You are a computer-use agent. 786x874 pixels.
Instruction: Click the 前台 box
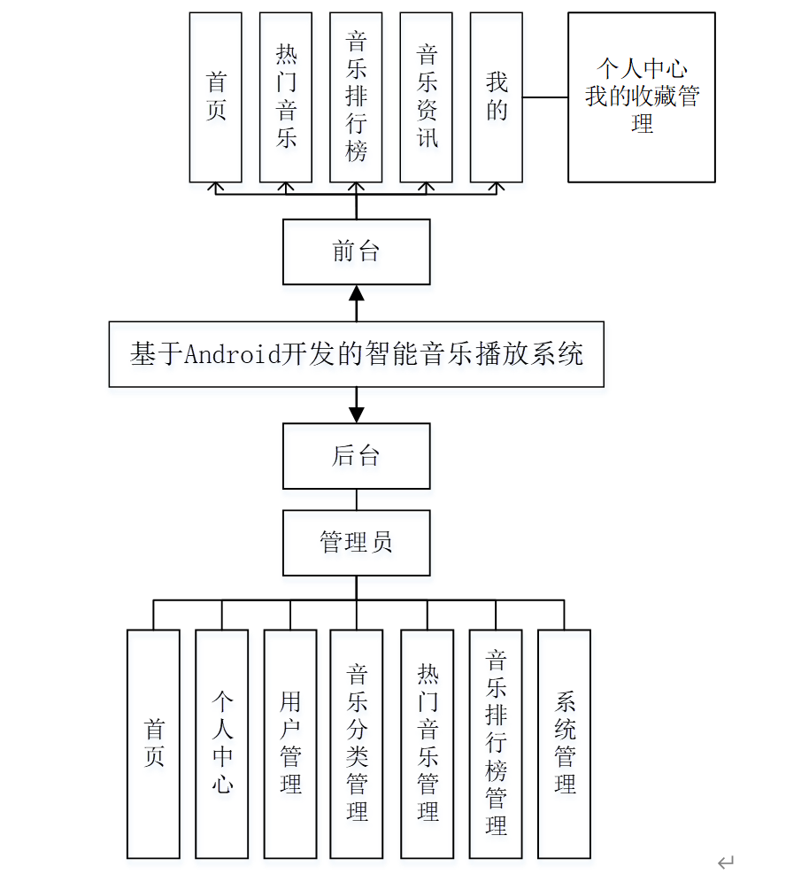click(356, 251)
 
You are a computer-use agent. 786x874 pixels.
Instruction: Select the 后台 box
click(356, 456)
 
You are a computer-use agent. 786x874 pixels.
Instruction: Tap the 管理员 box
click(356, 542)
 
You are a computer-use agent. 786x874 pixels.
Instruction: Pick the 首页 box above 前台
click(216, 97)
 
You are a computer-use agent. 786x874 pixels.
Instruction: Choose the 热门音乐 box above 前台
click(286, 97)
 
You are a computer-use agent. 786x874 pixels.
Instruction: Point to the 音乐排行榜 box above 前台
click(356, 97)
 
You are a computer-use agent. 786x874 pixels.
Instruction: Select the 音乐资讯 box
click(427, 97)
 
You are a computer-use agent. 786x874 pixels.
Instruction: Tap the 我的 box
click(497, 97)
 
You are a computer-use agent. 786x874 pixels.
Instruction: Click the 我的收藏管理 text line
click(642, 97)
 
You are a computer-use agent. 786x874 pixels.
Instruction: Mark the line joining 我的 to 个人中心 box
click(545, 97)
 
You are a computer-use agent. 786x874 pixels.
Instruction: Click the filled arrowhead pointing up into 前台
click(357, 294)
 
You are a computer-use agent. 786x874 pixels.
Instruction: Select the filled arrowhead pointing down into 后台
click(357, 414)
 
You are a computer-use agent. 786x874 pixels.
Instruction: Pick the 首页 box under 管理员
click(154, 743)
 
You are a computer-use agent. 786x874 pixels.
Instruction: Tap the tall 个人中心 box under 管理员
click(222, 743)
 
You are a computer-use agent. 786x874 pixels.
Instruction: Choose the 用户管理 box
click(290, 743)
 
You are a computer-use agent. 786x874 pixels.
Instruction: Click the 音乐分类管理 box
click(357, 743)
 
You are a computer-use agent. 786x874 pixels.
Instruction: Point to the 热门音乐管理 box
click(428, 743)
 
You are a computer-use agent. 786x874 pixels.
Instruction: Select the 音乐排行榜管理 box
click(496, 743)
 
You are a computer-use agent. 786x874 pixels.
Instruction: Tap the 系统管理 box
click(564, 743)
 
